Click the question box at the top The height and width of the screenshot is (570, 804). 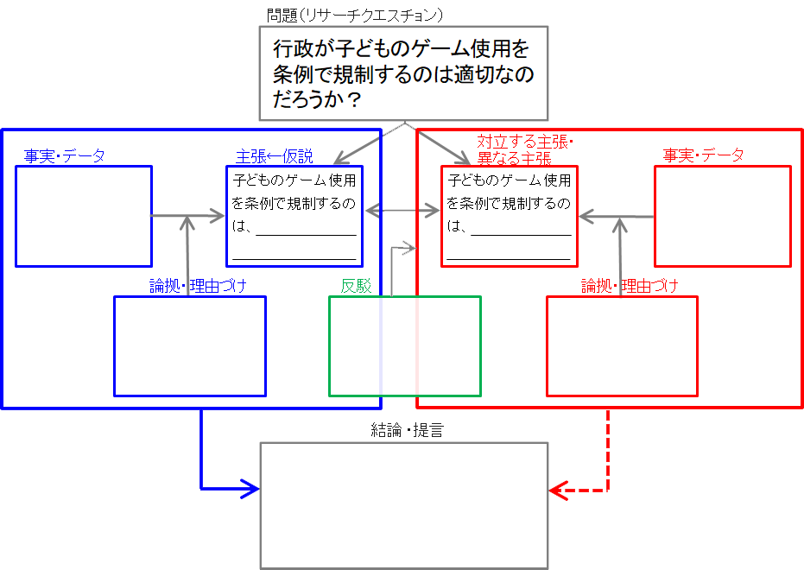coord(403,73)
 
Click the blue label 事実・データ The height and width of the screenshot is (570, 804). coord(65,156)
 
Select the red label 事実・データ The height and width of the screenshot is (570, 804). coord(703,155)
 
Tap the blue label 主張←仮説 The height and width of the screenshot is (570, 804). coord(274,157)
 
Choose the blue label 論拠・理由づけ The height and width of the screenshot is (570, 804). coord(199,286)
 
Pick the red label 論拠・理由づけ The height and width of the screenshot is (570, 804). coord(630,286)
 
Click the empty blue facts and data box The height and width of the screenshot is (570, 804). coord(84,216)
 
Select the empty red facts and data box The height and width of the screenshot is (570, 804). coord(722,216)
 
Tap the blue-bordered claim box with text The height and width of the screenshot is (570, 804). coord(294,216)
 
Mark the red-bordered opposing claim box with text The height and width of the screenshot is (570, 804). coord(510,216)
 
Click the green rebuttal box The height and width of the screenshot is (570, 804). coord(404,345)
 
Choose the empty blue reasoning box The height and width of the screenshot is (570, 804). coord(190,345)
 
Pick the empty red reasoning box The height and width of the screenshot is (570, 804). coord(622,345)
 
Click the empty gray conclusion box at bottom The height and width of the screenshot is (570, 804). coord(404,505)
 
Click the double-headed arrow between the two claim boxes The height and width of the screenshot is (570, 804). coord(402,211)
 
